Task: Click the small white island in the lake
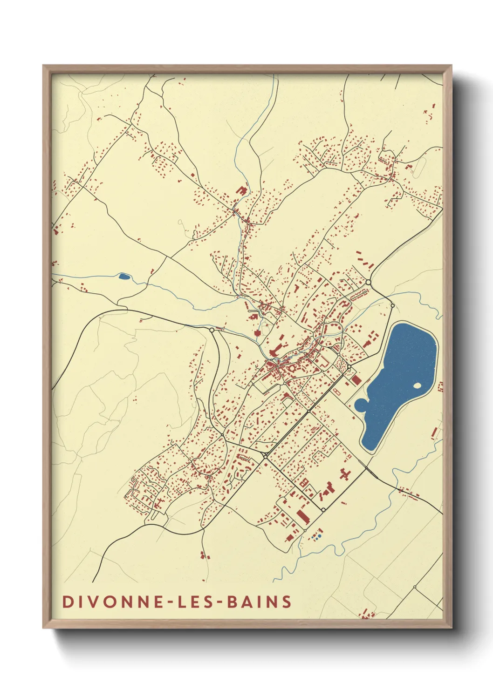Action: [418, 385]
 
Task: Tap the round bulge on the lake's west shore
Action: [361, 405]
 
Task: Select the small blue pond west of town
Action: [124, 277]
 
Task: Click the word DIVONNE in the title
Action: [112, 601]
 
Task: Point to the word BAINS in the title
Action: [259, 601]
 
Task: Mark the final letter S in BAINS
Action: [287, 601]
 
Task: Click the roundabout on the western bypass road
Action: [212, 330]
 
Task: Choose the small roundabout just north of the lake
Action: [392, 306]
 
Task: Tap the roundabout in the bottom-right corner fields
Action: [414, 587]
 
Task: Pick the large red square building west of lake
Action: [356, 380]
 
